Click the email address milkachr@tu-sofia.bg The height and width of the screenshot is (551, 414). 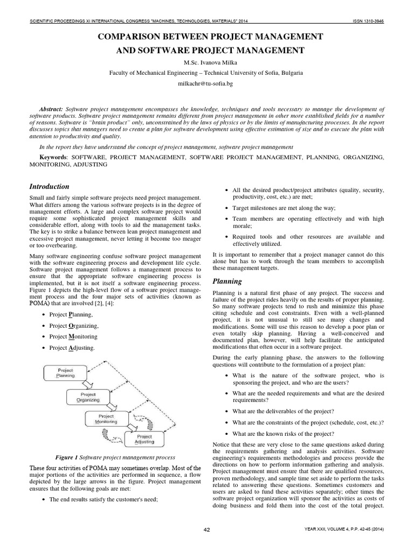pos(206,84)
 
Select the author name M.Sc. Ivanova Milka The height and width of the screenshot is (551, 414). pos(206,62)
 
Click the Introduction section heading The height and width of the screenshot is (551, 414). pos(49,187)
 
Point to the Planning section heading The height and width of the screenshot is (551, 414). pos(227,281)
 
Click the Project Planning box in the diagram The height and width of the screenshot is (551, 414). pos(66,374)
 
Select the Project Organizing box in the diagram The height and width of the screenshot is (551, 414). pos(88,398)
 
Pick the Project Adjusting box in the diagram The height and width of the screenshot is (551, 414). pos(144,439)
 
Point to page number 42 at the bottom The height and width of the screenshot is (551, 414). pos(206,530)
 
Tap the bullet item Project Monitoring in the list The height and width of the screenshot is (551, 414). pos(73,337)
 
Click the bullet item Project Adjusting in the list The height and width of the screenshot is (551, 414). pos(72,348)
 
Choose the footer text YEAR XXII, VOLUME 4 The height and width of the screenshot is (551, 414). pos(333,530)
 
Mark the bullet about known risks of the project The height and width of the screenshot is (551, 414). pos(283,433)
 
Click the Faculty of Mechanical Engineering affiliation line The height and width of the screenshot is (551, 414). pos(206,73)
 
